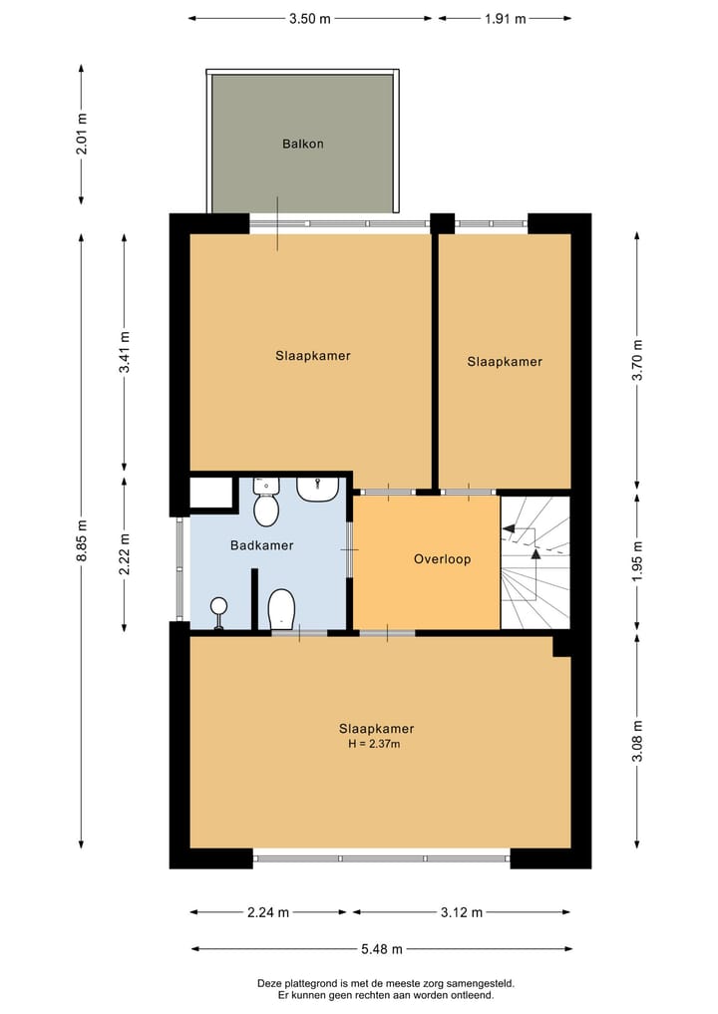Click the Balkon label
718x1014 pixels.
(302, 144)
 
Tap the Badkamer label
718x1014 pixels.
(261, 545)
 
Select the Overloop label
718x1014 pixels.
(442, 559)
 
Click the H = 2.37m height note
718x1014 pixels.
(375, 744)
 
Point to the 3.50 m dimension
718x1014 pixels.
(309, 18)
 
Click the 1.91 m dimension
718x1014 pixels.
(505, 18)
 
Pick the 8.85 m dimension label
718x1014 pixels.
(82, 540)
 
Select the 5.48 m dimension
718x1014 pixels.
(381, 949)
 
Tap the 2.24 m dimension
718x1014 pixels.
(269, 912)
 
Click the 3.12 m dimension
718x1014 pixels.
(462, 912)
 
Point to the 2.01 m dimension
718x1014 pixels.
(82, 135)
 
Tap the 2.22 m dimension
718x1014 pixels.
(124, 551)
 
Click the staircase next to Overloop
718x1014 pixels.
(535, 563)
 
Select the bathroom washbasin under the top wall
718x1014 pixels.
(318, 489)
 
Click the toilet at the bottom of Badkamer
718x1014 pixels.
(281, 608)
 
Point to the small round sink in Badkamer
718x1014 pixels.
(217, 605)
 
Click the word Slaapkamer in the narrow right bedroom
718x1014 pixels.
(505, 362)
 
